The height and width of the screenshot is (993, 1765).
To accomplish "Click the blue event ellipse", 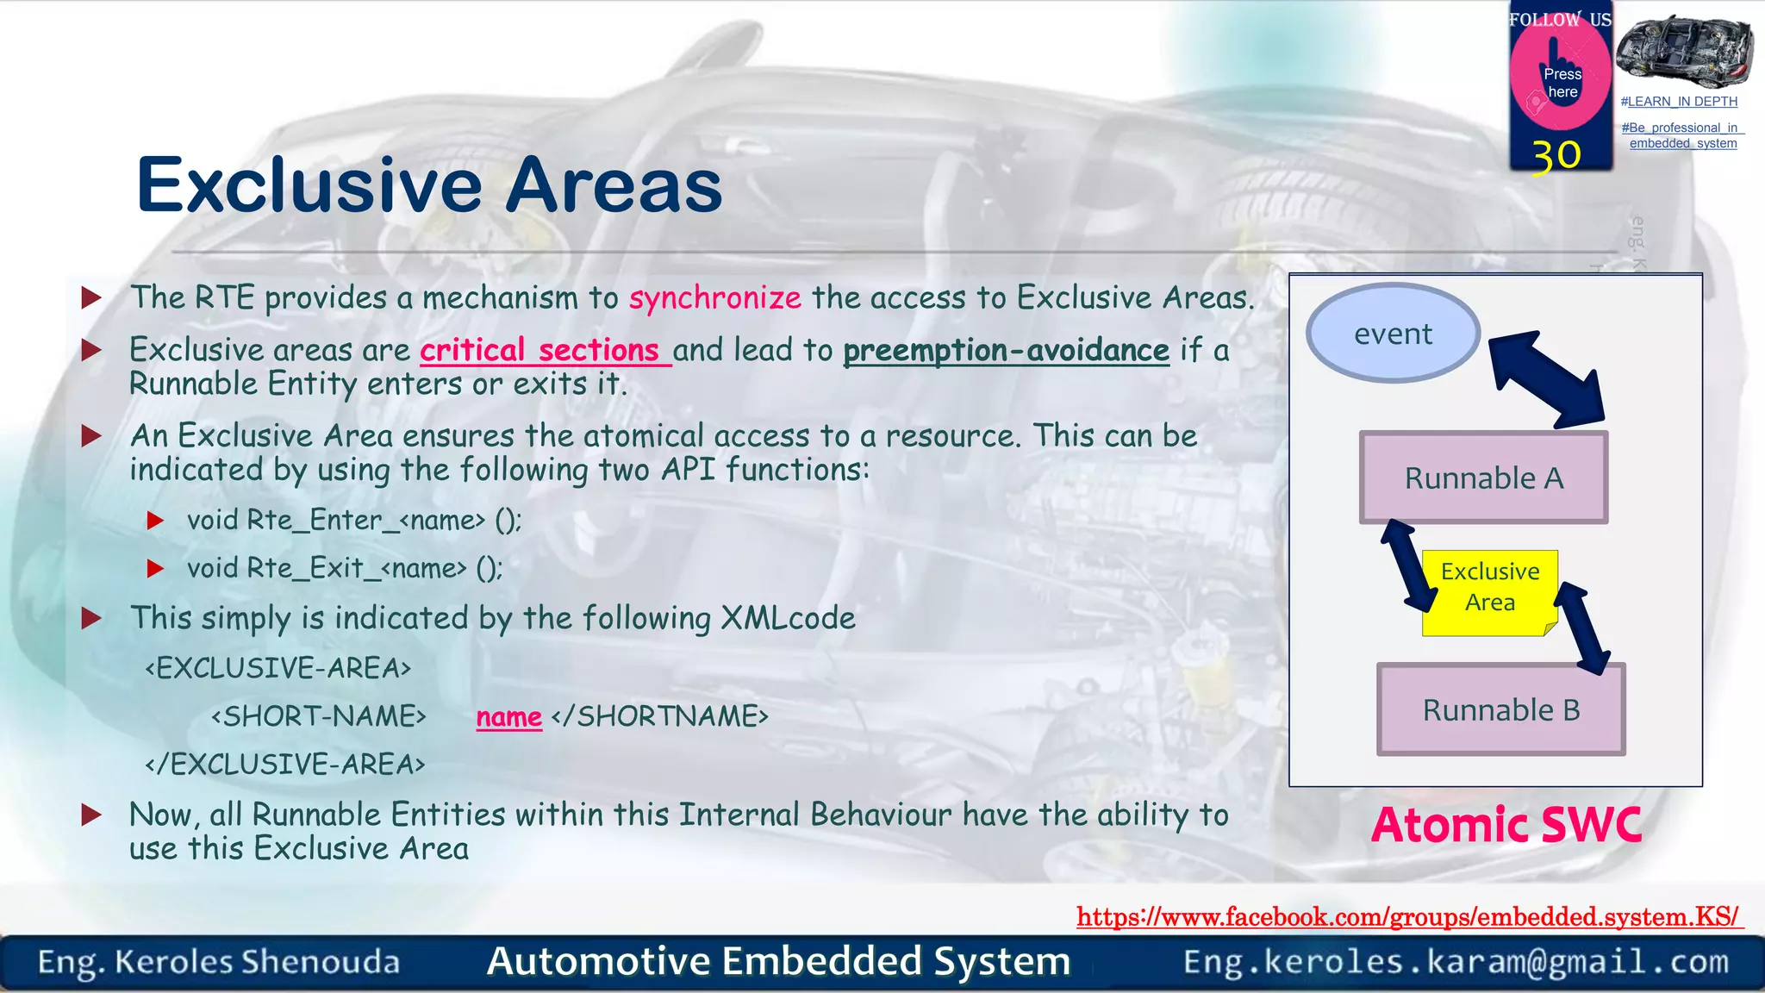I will [x=1393, y=334].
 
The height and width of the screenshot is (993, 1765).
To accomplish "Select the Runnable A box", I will [x=1483, y=478].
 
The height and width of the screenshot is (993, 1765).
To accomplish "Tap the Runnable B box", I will [x=1500, y=710].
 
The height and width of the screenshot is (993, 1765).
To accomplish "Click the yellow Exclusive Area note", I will [x=1489, y=588].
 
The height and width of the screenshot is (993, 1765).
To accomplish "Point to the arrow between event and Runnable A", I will [x=1546, y=379].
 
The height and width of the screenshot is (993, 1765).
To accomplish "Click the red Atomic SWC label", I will [x=1506, y=825].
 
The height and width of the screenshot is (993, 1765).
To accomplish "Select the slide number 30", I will [x=1556, y=155].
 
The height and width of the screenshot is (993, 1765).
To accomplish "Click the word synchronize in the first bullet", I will [x=714, y=297].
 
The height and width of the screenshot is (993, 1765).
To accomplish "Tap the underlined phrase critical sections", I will [x=545, y=350].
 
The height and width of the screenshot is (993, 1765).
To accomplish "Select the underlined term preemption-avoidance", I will [x=1006, y=350].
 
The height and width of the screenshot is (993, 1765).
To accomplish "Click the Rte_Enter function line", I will [x=354, y=520].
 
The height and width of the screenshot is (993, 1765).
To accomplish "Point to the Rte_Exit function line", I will [x=345, y=568].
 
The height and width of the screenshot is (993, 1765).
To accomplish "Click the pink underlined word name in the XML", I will [x=508, y=716].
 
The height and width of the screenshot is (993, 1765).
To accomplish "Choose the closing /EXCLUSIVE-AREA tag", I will [x=285, y=765].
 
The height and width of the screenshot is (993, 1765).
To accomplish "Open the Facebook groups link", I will [x=1408, y=916].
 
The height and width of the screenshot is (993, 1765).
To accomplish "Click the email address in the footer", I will [x=1456, y=961].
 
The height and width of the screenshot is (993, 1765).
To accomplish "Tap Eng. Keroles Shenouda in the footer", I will [x=219, y=962].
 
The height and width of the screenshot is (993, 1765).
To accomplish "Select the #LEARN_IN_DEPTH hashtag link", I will [x=1678, y=102].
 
